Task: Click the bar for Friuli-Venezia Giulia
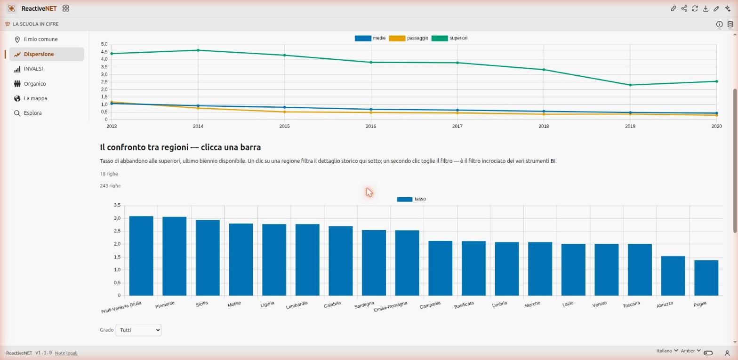click(141, 256)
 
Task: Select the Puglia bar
click(706, 278)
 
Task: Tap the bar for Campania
click(440, 268)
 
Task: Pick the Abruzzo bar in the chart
click(673, 276)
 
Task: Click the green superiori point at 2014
click(198, 50)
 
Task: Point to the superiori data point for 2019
click(630, 85)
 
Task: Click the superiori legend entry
click(449, 38)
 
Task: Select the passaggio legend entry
click(409, 38)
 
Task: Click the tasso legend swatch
click(405, 199)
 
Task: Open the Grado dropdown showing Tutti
click(138, 330)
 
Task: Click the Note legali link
click(66, 353)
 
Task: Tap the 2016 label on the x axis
click(371, 126)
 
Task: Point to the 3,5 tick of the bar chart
click(117, 205)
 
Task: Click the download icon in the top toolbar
click(706, 8)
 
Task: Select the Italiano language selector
click(667, 351)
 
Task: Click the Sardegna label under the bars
click(364, 305)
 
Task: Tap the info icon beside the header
click(719, 24)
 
